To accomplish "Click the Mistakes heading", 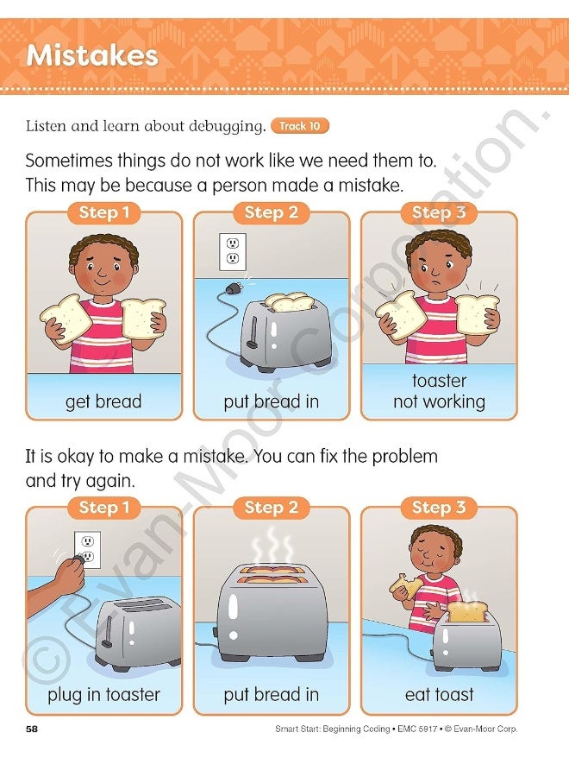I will coord(92,56).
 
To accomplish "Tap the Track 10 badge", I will coord(299,126).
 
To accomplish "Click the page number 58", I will coord(32,729).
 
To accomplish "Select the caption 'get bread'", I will coord(103,401).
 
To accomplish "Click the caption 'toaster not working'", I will coord(439,391).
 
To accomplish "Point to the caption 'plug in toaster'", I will coord(103,694).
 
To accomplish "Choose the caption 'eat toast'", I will coord(439,694).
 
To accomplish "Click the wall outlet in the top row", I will coord(232,251).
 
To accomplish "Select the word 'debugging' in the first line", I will coord(223,126).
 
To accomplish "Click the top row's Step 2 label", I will coord(270,212).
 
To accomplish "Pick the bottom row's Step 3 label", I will coord(439,508).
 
